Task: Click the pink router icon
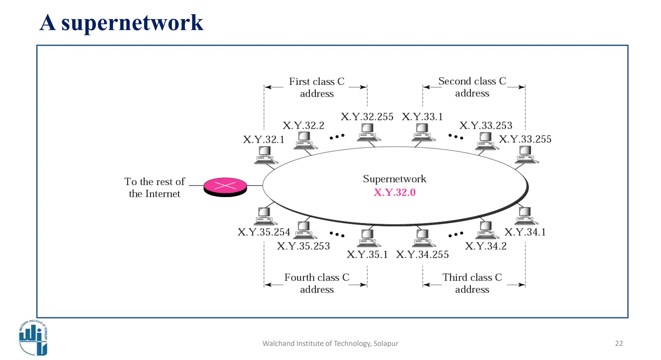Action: click(x=225, y=187)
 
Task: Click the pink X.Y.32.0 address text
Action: click(x=394, y=192)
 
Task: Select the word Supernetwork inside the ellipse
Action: click(x=394, y=179)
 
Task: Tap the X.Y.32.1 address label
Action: click(x=263, y=139)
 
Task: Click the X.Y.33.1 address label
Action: click(x=422, y=117)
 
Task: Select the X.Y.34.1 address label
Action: click(x=525, y=232)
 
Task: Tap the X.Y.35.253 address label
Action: click(x=303, y=246)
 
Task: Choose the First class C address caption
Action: click(x=317, y=87)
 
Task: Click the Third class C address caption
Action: click(x=472, y=283)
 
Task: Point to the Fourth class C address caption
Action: click(x=317, y=283)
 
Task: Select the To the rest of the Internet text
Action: click(x=155, y=188)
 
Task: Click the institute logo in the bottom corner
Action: click(x=33, y=337)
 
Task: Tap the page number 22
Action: click(x=619, y=344)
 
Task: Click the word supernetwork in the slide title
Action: click(x=132, y=23)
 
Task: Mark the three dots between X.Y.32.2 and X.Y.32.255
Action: click(x=337, y=137)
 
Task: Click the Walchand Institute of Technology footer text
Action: click(x=330, y=344)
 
